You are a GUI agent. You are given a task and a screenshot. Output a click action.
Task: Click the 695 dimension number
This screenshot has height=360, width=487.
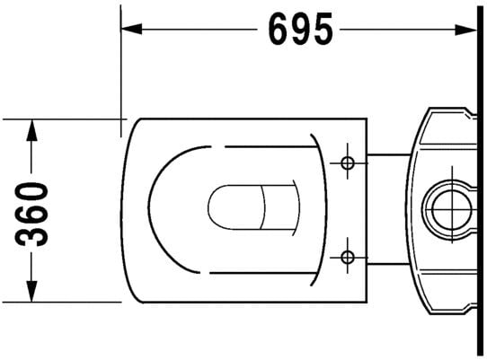point(300,30)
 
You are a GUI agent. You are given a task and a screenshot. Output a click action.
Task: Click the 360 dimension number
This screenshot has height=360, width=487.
point(31,215)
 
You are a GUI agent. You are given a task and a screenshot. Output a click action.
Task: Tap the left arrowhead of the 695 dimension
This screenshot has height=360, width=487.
point(131,29)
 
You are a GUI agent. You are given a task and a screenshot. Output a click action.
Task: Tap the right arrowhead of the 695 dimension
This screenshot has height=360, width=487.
point(465,30)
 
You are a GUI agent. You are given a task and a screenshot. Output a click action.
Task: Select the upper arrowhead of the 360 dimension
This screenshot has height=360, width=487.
point(31,130)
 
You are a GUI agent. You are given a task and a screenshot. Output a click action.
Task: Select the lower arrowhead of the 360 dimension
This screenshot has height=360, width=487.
point(31,291)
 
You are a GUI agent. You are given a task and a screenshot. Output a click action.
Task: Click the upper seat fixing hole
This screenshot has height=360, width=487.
point(348,162)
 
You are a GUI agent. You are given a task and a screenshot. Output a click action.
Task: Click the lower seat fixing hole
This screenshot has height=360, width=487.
point(348,257)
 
